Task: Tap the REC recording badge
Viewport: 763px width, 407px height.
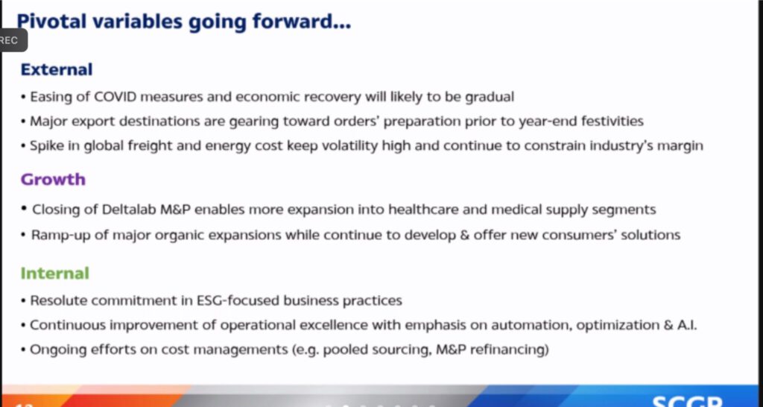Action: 10,40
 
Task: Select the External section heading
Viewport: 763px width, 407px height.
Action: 57,69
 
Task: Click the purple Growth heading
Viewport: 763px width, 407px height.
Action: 53,180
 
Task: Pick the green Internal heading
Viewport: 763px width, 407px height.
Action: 55,273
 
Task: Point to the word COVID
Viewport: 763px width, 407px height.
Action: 117,97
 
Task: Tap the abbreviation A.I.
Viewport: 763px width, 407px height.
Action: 686,325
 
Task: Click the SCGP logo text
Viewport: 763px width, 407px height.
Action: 687,401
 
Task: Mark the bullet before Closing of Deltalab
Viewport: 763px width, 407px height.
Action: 23,209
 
